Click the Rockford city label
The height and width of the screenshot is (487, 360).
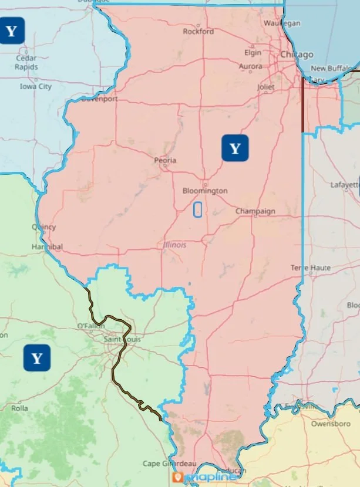click(198, 32)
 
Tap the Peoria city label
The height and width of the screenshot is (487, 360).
click(164, 160)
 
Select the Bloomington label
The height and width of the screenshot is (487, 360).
click(204, 191)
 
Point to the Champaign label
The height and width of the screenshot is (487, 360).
click(255, 211)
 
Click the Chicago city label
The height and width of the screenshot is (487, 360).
click(297, 55)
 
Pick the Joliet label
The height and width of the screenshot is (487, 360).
click(265, 87)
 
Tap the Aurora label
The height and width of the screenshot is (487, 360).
click(251, 67)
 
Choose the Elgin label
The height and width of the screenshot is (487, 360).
click(253, 52)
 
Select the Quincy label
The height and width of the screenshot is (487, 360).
click(44, 227)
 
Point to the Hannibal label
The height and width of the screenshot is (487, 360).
click(47, 247)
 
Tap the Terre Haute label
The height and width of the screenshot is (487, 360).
click(311, 268)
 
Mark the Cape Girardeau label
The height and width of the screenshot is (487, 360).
click(169, 464)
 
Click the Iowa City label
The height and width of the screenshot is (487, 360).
click(36, 86)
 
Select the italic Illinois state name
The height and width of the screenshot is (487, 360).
click(175, 245)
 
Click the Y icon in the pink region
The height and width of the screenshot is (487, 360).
click(235, 148)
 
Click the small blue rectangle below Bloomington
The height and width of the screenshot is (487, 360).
click(198, 209)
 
